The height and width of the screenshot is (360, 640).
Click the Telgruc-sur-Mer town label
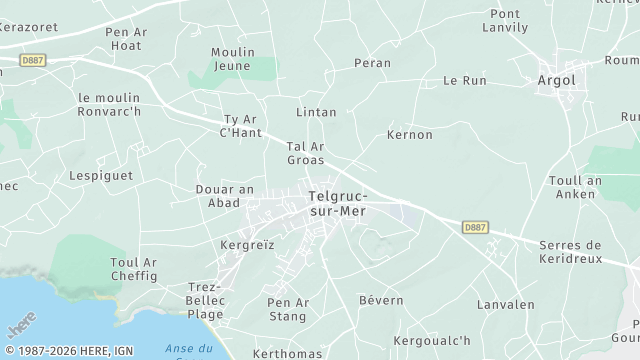(338, 204)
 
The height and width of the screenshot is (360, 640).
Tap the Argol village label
(558, 79)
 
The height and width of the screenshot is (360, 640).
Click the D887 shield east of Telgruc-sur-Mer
(474, 228)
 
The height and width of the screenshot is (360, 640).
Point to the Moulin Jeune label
(233, 59)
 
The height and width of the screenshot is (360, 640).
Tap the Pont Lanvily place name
(506, 21)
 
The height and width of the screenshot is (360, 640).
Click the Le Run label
(464, 80)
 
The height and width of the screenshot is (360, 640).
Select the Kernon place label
(409, 134)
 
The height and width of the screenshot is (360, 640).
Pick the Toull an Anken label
(575, 187)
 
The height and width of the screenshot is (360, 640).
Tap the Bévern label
(381, 299)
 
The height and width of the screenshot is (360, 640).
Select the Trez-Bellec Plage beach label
(206, 300)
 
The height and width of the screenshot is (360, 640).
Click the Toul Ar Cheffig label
(134, 269)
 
